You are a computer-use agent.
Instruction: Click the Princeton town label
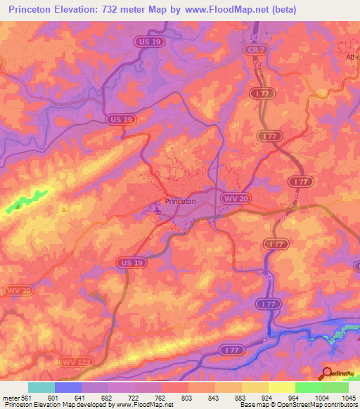[179, 201]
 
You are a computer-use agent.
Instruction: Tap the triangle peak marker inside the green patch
[17, 207]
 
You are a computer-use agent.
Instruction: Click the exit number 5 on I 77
[266, 340]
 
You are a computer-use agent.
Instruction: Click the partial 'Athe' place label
[352, 56]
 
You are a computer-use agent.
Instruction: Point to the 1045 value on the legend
[348, 398]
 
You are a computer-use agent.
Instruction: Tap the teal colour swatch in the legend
[41, 387]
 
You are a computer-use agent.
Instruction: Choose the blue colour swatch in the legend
[67, 387]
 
